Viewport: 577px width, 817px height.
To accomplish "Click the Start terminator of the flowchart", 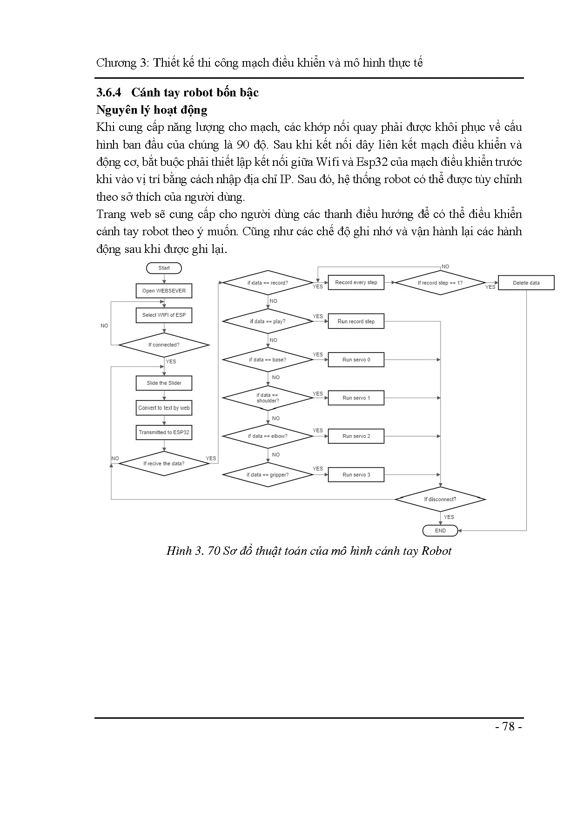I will pyautogui.click(x=164, y=268).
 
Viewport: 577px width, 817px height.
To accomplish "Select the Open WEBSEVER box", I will pyautogui.click(x=164, y=291).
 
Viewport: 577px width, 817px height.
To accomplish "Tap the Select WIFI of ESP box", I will pyautogui.click(x=164, y=315).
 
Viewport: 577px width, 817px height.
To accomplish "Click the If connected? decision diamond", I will pyautogui.click(x=164, y=345).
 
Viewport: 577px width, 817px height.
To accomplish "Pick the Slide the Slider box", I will pyautogui.click(x=164, y=383).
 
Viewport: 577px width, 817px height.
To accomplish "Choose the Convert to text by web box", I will pyautogui.click(x=164, y=408).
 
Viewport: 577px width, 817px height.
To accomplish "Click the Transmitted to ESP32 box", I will pyautogui.click(x=164, y=432).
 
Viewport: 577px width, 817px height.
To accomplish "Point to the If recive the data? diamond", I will pyautogui.click(x=164, y=463).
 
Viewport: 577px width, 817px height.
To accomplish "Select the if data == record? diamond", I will pyautogui.click(x=268, y=283).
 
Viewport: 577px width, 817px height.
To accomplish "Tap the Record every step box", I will pyautogui.click(x=356, y=282).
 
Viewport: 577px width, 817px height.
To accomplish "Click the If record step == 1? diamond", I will pyautogui.click(x=440, y=283).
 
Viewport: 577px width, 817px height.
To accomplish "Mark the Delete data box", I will pyautogui.click(x=526, y=283).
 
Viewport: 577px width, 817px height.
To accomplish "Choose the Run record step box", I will pyautogui.click(x=356, y=321).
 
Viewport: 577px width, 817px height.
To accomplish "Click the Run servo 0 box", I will pyautogui.click(x=356, y=360).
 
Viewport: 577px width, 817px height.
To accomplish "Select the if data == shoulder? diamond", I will pyautogui.click(x=268, y=398).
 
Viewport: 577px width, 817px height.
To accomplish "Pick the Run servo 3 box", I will pyautogui.click(x=356, y=475).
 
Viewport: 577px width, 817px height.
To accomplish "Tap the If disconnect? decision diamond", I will pyautogui.click(x=440, y=499).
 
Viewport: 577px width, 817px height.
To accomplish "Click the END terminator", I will pyautogui.click(x=440, y=531).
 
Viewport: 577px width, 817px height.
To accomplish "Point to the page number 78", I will pyautogui.click(x=509, y=727).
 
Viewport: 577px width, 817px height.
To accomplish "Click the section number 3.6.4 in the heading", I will pyautogui.click(x=108, y=92).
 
